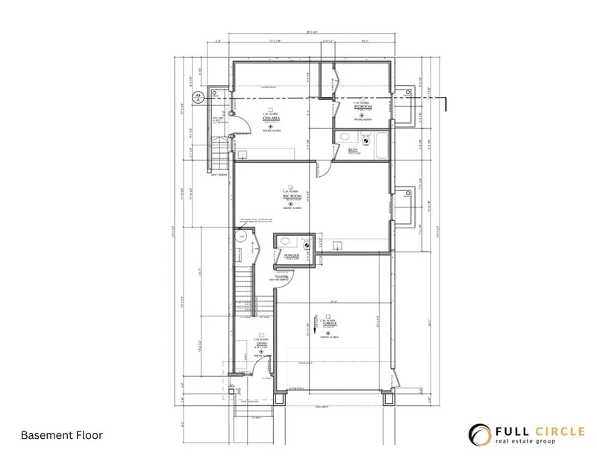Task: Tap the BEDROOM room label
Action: pos(363,107)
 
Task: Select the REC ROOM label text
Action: pos(291,196)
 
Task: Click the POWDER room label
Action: pos(292,256)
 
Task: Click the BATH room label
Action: pos(353,150)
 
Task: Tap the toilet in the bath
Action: pos(365,139)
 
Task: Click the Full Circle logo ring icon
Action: pos(478,434)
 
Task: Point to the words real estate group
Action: pos(533,443)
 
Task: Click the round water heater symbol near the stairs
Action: pos(240,237)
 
